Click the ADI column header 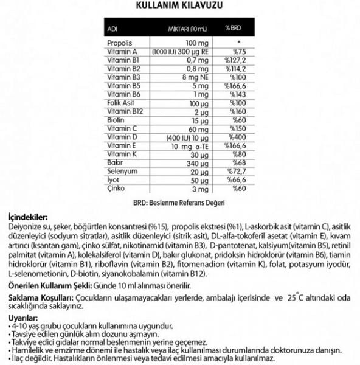click(112, 28)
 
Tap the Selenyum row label click(120, 173)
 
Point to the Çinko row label click(115, 190)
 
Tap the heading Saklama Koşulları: click(38, 299)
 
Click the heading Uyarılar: click(19, 318)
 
